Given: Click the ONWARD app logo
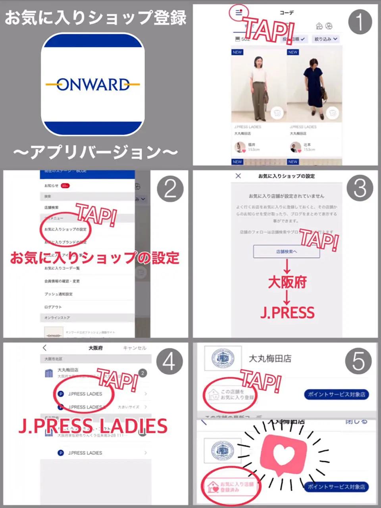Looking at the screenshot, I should [92, 84].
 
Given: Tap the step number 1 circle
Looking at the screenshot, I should [360, 22].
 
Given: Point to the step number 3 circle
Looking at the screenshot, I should [360, 188].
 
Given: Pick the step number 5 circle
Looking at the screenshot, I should [358, 361].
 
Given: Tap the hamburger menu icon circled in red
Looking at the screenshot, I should [239, 13].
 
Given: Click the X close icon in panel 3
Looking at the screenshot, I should [238, 176].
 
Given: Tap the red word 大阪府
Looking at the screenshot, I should [287, 282].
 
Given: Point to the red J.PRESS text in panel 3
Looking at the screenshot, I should [287, 312].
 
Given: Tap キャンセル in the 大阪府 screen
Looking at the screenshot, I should [135, 348].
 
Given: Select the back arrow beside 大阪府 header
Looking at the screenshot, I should [45, 348].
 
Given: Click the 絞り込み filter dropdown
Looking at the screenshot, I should [326, 39].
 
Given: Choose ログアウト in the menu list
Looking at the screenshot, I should [53, 307].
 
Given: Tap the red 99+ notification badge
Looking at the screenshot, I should [65, 185].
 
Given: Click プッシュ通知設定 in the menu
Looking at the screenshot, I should [58, 294].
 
